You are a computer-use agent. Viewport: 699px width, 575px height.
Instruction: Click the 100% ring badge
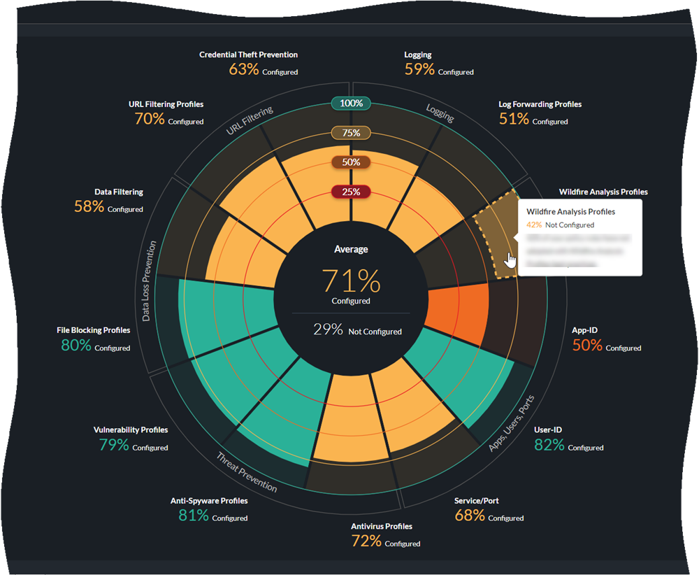click(351, 104)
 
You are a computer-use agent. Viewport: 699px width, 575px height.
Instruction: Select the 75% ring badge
click(351, 133)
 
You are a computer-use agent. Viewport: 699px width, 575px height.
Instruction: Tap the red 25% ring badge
click(351, 192)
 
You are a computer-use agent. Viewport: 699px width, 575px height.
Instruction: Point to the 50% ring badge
click(351, 162)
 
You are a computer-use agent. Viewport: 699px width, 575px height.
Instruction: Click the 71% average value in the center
click(351, 281)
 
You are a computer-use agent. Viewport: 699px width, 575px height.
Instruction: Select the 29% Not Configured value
click(328, 329)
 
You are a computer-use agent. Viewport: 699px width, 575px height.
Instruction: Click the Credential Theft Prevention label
click(248, 55)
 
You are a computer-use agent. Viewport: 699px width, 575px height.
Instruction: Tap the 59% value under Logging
click(419, 69)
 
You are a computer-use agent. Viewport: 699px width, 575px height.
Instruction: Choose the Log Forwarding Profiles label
click(540, 104)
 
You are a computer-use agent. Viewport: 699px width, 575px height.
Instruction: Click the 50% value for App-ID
click(587, 345)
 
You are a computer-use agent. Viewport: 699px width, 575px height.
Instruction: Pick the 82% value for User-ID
click(549, 445)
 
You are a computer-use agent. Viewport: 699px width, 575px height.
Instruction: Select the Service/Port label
click(476, 501)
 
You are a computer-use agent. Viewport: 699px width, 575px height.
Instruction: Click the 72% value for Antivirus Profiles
click(366, 541)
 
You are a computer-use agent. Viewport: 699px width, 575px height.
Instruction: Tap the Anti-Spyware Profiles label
click(209, 501)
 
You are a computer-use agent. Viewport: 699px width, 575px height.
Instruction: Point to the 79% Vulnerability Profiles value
click(113, 445)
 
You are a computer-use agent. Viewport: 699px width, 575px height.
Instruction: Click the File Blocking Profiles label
click(94, 330)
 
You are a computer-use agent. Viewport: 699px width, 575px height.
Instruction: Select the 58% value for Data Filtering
click(89, 206)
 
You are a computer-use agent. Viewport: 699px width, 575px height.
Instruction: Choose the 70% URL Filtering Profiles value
click(150, 119)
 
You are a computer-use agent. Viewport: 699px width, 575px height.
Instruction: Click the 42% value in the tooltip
click(534, 225)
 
